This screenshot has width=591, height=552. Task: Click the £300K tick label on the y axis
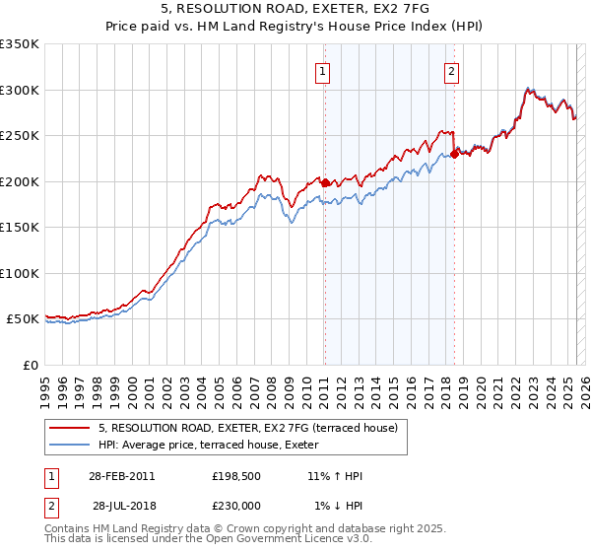point(20,90)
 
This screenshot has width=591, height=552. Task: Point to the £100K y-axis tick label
point(20,273)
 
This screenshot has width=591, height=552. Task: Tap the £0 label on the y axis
point(31,365)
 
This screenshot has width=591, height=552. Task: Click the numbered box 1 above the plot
point(323,71)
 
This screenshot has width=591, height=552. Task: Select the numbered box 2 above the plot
point(451,71)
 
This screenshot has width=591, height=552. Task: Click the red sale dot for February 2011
point(325,182)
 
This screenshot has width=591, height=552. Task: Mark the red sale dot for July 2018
point(454,154)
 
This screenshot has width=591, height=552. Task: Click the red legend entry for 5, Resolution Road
point(247,428)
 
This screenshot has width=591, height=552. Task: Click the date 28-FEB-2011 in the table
point(121,476)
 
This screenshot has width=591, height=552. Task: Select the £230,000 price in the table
point(239,506)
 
